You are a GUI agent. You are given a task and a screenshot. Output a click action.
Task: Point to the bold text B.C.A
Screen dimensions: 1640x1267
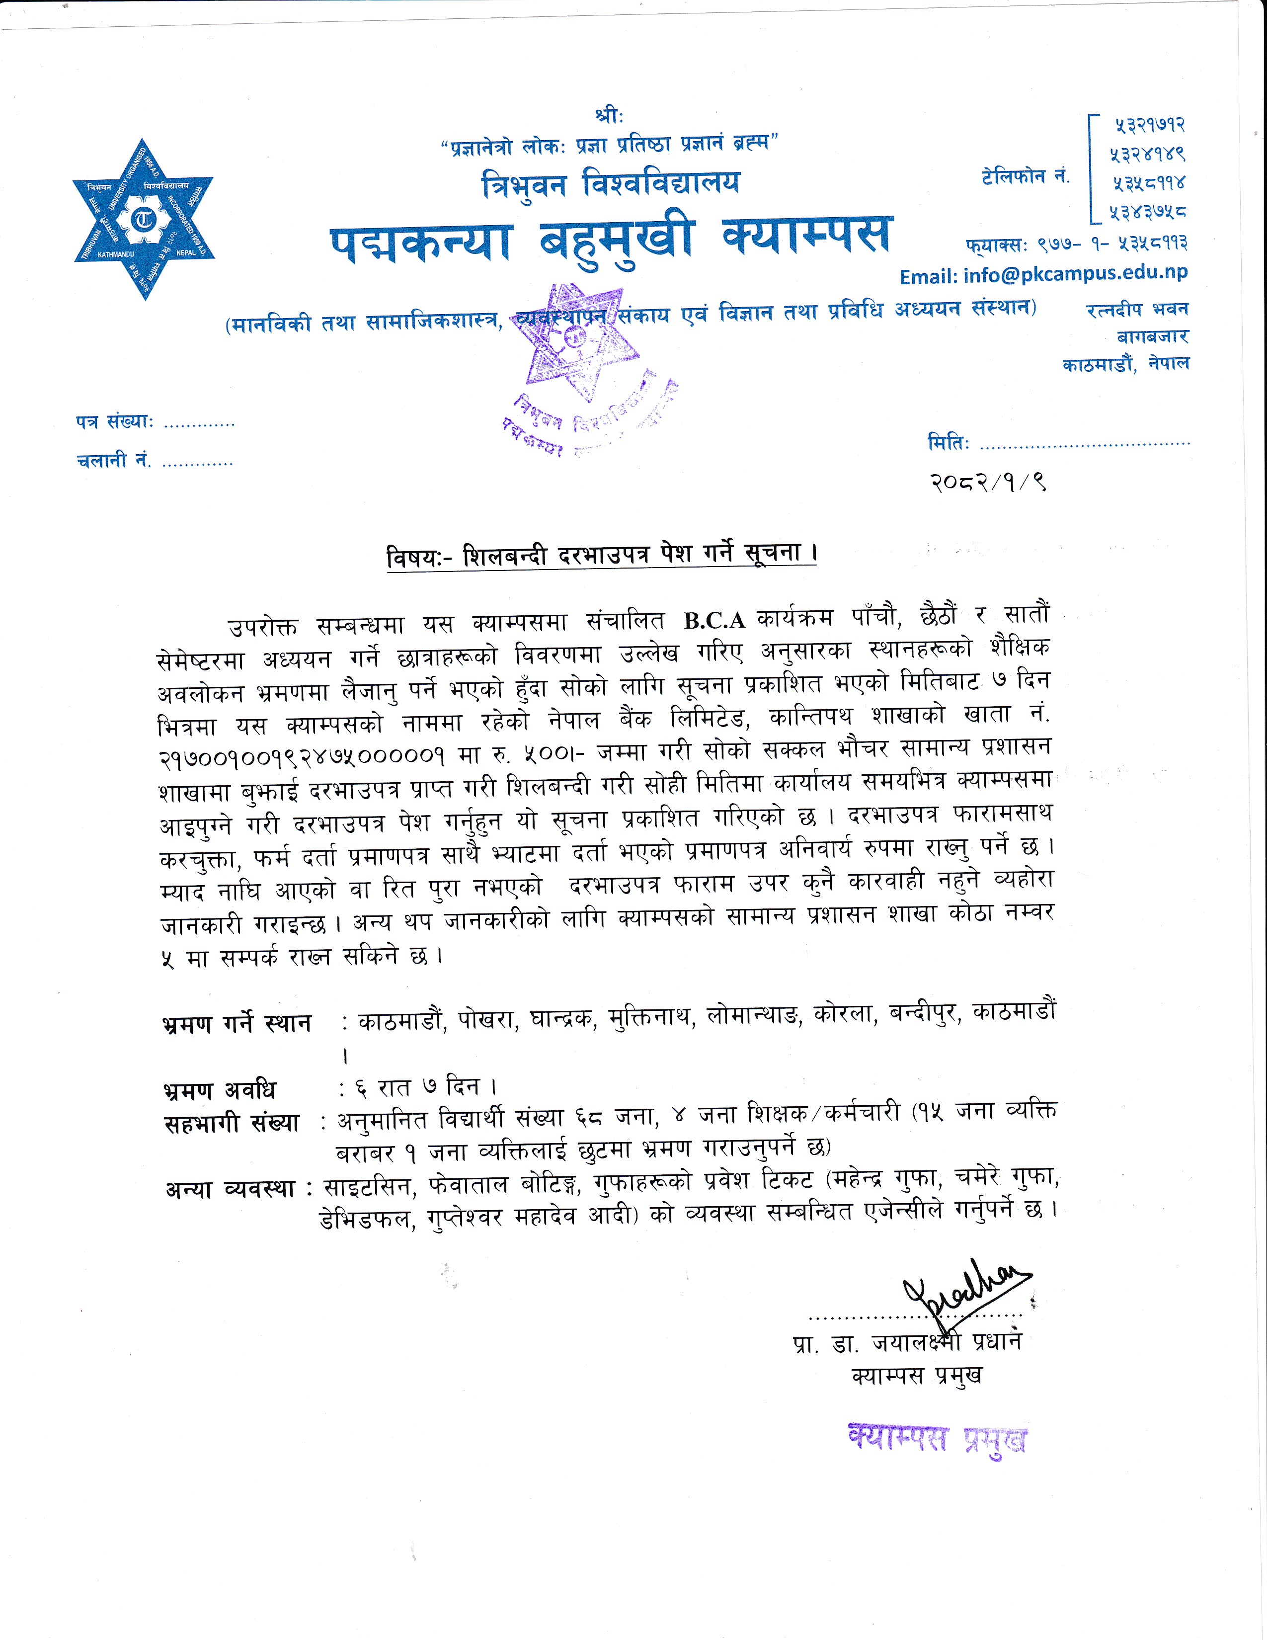coord(714,620)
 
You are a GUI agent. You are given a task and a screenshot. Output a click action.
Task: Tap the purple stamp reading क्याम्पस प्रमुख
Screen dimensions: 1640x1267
coord(937,1439)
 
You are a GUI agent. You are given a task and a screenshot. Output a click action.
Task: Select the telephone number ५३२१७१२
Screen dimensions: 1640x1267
coord(1148,125)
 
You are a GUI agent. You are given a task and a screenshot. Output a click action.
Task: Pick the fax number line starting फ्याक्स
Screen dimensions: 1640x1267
coord(1076,244)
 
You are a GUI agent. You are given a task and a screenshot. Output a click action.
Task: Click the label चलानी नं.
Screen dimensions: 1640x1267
coord(113,460)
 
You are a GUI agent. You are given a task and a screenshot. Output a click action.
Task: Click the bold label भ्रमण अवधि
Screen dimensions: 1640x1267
coord(219,1089)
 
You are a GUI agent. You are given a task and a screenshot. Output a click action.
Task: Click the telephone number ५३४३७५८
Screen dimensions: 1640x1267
coord(1148,213)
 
